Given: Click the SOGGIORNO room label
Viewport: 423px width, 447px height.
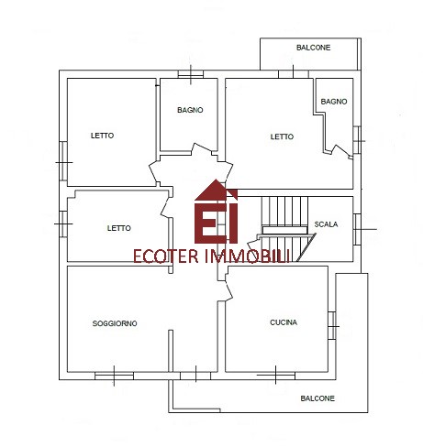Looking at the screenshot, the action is point(115,323).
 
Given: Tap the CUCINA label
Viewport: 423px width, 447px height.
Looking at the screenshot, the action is point(284,322).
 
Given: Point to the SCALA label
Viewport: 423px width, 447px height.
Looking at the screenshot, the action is point(326,224).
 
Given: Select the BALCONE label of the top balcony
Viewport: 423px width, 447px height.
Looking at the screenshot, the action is point(314,48).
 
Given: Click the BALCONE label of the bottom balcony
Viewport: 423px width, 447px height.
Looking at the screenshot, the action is point(317,398).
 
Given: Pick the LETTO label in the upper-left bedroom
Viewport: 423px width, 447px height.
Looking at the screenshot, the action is point(102,136).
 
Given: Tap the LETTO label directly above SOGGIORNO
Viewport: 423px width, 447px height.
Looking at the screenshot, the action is point(119,228).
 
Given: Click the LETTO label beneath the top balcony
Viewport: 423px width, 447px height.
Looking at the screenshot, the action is point(282,136).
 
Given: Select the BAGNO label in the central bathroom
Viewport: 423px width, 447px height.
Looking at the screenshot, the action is point(190,110).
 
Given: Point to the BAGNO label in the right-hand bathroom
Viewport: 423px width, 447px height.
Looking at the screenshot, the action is point(334,102).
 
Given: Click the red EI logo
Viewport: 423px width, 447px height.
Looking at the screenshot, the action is point(217,212).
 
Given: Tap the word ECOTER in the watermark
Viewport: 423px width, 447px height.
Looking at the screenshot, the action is point(166,256).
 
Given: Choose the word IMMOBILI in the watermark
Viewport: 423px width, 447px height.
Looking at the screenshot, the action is point(247,256).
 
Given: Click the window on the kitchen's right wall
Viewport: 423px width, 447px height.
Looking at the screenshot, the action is point(332,326).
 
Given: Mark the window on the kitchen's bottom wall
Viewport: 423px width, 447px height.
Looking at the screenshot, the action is point(276,376).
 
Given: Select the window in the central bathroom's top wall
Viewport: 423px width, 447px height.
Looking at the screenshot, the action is point(191,74).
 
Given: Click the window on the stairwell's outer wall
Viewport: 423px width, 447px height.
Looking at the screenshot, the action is point(357,229).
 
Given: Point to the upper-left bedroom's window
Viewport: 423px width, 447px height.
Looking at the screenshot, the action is point(63,161).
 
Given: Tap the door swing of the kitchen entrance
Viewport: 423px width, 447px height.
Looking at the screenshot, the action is point(228,287).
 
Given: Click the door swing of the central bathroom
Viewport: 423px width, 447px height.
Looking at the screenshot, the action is point(202,149).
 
